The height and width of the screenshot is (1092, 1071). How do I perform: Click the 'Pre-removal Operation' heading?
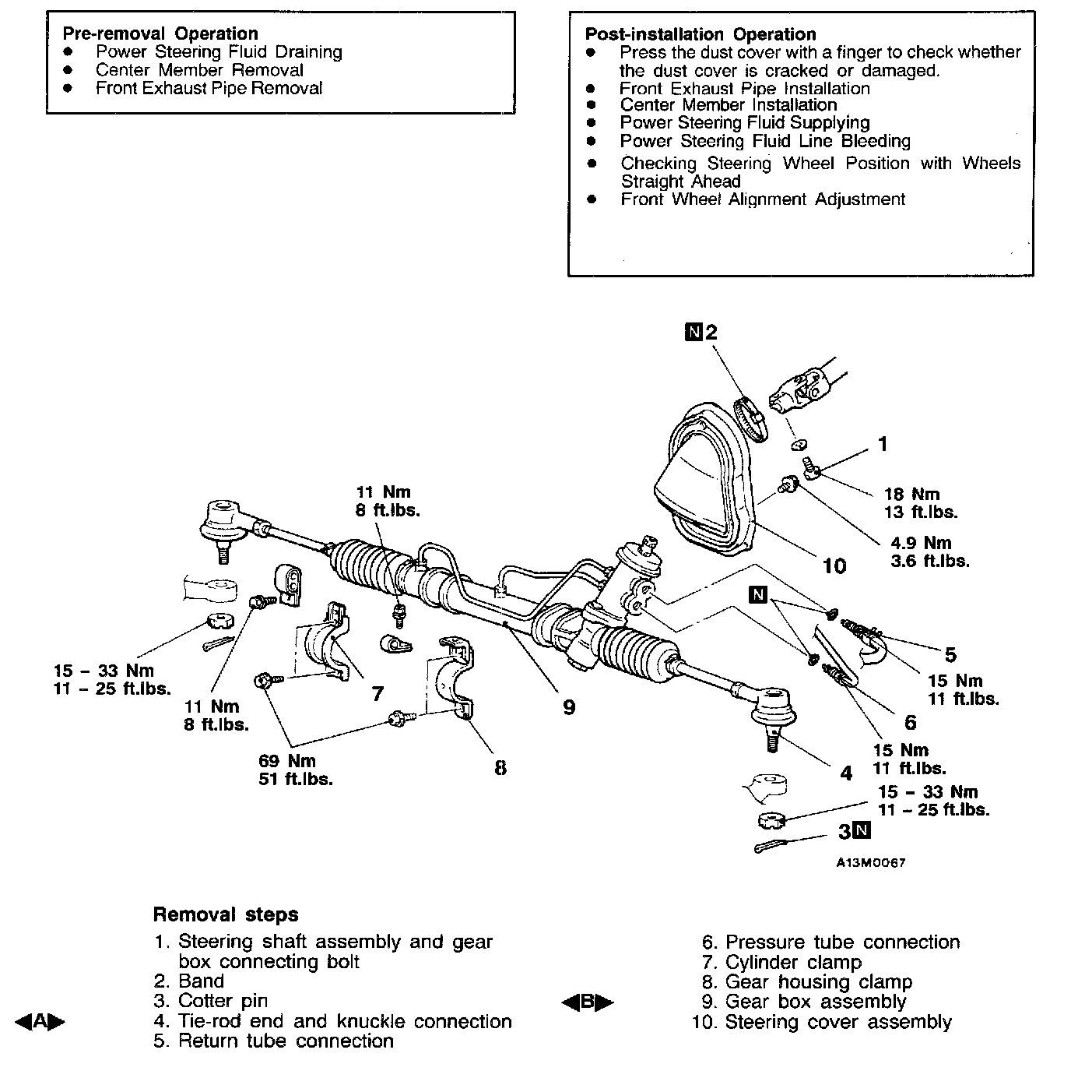(x=160, y=33)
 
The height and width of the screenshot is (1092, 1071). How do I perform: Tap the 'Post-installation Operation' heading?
(x=700, y=34)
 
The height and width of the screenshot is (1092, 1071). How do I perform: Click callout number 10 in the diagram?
(x=834, y=565)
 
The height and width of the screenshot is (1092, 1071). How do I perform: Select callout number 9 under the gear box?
(x=569, y=707)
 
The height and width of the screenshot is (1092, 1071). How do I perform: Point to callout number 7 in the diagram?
(x=377, y=693)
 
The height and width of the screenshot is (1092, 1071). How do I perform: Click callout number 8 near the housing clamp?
(x=500, y=768)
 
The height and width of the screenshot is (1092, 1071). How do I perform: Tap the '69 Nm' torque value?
(x=287, y=761)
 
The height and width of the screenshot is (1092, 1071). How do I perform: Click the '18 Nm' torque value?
(x=911, y=494)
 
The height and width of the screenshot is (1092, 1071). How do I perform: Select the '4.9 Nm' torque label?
(x=921, y=543)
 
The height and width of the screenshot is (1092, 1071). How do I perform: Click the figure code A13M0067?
(x=871, y=863)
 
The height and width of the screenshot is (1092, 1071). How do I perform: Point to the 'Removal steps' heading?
(x=226, y=914)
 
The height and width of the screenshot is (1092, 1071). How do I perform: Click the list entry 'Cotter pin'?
(x=222, y=1001)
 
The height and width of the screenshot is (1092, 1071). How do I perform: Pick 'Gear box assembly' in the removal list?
(x=815, y=1002)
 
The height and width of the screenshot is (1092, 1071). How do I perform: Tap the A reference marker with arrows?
(x=40, y=1022)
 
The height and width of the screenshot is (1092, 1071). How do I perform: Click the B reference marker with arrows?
(x=587, y=1002)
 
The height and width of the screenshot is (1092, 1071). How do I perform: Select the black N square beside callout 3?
(x=862, y=830)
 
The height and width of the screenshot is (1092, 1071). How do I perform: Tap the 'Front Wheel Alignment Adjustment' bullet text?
(x=762, y=199)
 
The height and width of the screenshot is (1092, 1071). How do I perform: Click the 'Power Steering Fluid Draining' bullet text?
(x=219, y=52)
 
